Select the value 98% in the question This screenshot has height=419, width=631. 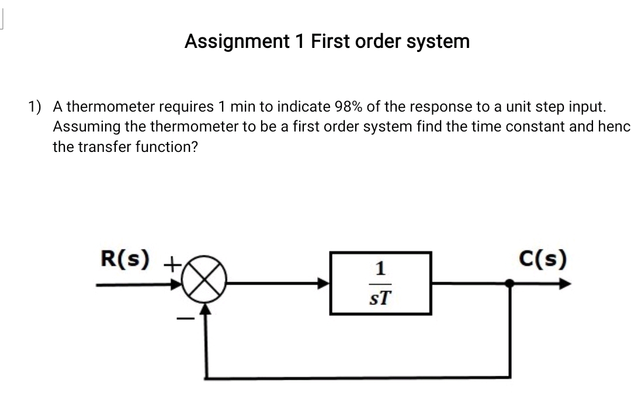[349, 107]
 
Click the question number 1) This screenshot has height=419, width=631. [36, 107]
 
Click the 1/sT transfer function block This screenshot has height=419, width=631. [380, 283]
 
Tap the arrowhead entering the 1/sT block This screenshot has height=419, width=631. [324, 284]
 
